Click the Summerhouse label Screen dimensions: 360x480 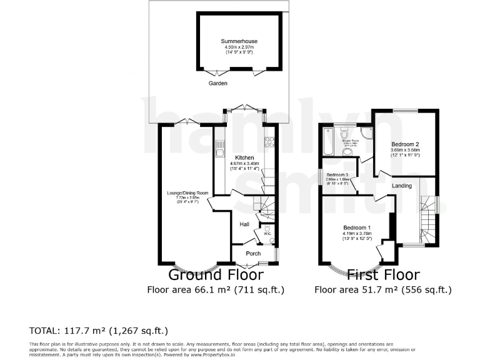coord(239,41)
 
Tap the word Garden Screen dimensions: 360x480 coord(218,83)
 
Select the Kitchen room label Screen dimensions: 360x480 coord(244,157)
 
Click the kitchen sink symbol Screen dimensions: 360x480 coord(220,149)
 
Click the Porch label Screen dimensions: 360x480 coord(253,253)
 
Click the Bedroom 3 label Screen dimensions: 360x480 coord(337,175)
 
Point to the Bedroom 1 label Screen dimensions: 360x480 coord(356,227)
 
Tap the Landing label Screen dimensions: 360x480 coord(402,186)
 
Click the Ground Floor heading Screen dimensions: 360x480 coord(216,274)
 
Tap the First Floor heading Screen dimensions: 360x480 coord(382,274)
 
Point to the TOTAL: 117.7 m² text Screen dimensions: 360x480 coord(99,331)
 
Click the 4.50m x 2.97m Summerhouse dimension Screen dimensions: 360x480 coord(239,47)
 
